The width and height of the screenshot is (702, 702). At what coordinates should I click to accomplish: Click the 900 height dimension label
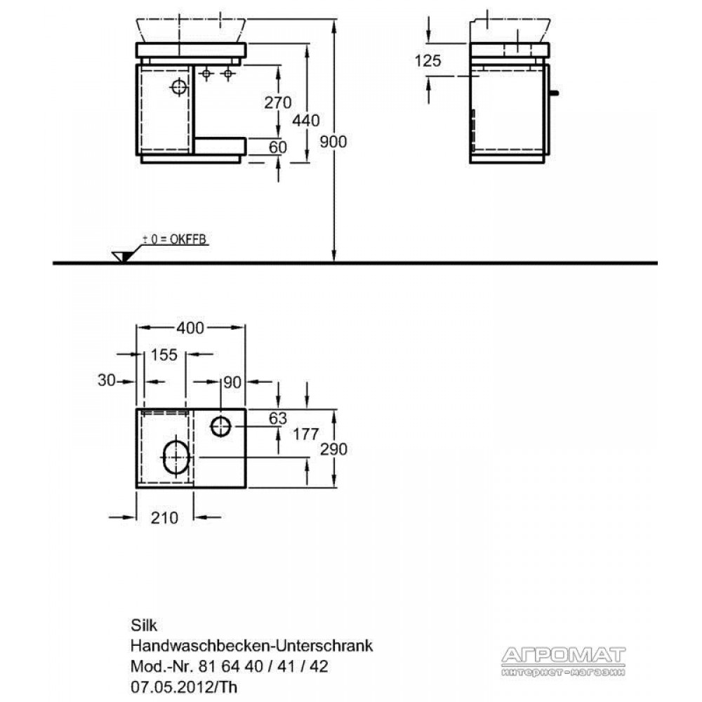[x=333, y=142]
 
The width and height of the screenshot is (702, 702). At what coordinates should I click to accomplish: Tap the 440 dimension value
[x=306, y=121]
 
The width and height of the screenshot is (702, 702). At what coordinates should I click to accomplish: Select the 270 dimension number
[x=277, y=102]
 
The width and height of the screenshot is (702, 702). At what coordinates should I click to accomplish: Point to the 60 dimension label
[x=277, y=147]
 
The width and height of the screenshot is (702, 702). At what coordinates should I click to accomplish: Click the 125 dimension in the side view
[x=428, y=60]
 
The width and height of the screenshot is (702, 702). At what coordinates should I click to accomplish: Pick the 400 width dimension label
[x=190, y=328]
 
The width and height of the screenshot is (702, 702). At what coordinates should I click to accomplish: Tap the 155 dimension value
[x=164, y=355]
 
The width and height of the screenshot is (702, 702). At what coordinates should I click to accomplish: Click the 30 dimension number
[x=107, y=380]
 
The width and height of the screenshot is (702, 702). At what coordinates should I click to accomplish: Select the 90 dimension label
[x=232, y=383]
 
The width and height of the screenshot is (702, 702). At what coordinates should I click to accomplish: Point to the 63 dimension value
[x=277, y=418]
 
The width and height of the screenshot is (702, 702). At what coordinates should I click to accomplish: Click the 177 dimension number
[x=306, y=434]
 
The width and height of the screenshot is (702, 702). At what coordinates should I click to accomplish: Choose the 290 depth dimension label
[x=333, y=449]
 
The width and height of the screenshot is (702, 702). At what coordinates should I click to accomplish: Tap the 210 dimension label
[x=164, y=517]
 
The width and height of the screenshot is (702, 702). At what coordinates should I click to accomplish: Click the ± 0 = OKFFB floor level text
[x=175, y=239]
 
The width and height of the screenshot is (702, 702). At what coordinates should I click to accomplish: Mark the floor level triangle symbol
[x=121, y=256]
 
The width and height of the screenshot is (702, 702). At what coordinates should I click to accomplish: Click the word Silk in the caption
[x=144, y=625]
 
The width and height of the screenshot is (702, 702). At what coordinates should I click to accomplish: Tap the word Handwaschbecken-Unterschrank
[x=251, y=645]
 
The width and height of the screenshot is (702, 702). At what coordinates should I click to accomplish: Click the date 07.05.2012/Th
[x=184, y=687]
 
